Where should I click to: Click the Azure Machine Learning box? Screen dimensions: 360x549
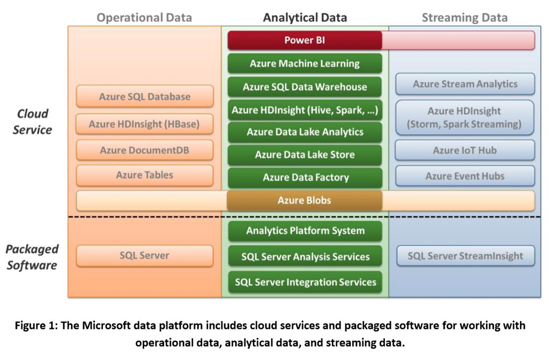point(305,63)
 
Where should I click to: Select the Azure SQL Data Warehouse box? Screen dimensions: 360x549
point(305,87)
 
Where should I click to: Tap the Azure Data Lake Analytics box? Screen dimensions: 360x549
point(305,132)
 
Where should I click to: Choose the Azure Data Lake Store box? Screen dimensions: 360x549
point(305,155)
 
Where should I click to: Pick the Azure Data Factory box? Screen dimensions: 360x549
point(305,178)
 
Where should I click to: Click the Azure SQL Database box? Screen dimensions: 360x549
point(145,97)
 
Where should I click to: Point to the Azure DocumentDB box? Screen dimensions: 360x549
point(145,150)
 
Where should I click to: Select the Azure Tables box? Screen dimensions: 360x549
point(145,175)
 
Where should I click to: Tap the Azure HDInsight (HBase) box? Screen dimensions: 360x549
point(145,124)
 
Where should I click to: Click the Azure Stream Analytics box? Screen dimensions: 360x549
point(465,84)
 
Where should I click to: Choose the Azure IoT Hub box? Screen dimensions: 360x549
point(465,151)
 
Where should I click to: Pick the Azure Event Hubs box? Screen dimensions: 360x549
point(465,176)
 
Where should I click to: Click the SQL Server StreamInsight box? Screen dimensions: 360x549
point(465,256)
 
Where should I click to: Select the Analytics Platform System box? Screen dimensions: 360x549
point(305,231)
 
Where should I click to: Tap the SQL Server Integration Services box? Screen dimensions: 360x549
point(305,282)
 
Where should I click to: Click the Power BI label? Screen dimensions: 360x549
point(305,40)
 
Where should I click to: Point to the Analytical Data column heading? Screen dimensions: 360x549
point(305,17)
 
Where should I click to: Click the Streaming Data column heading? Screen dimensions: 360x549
point(464,17)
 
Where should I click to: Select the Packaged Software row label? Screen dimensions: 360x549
point(32,257)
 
